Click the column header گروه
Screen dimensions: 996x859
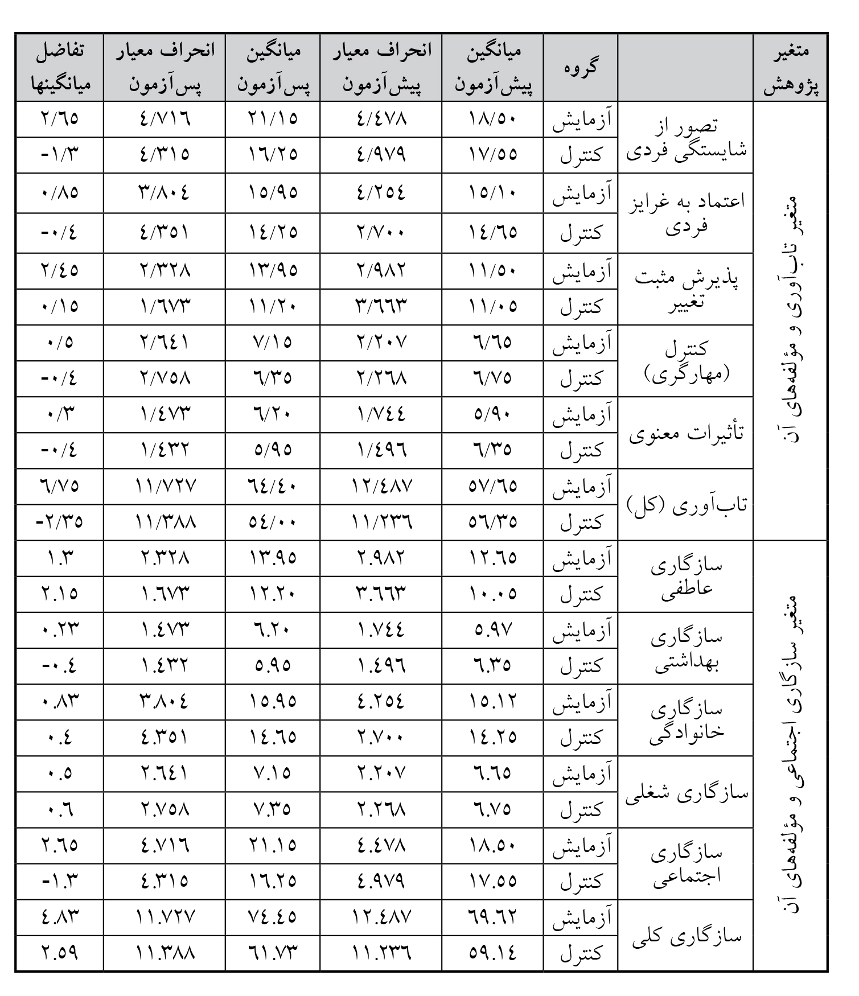click(x=581, y=67)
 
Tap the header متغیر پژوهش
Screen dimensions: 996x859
click(x=790, y=67)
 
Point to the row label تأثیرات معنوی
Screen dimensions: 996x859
click(x=686, y=433)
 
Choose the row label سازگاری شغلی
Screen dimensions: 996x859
click(x=686, y=792)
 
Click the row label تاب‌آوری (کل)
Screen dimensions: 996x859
click(x=686, y=505)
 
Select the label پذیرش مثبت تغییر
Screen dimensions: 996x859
click(x=686, y=289)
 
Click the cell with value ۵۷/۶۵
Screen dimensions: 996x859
click(x=493, y=486)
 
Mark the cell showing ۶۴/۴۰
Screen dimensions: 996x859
click(x=273, y=486)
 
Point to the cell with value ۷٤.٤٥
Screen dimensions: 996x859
click(x=273, y=917)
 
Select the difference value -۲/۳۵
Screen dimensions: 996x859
click(x=60, y=522)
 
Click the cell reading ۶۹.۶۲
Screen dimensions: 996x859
click(x=493, y=917)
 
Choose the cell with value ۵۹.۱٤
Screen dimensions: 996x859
click(x=493, y=953)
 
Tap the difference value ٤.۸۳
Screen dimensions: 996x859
click(x=60, y=917)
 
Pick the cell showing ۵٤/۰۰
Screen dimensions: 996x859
click(x=273, y=522)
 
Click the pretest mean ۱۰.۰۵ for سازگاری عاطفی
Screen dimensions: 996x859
click(x=493, y=594)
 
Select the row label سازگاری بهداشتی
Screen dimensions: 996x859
click(x=686, y=648)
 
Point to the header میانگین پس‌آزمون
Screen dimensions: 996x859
click(x=273, y=67)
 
